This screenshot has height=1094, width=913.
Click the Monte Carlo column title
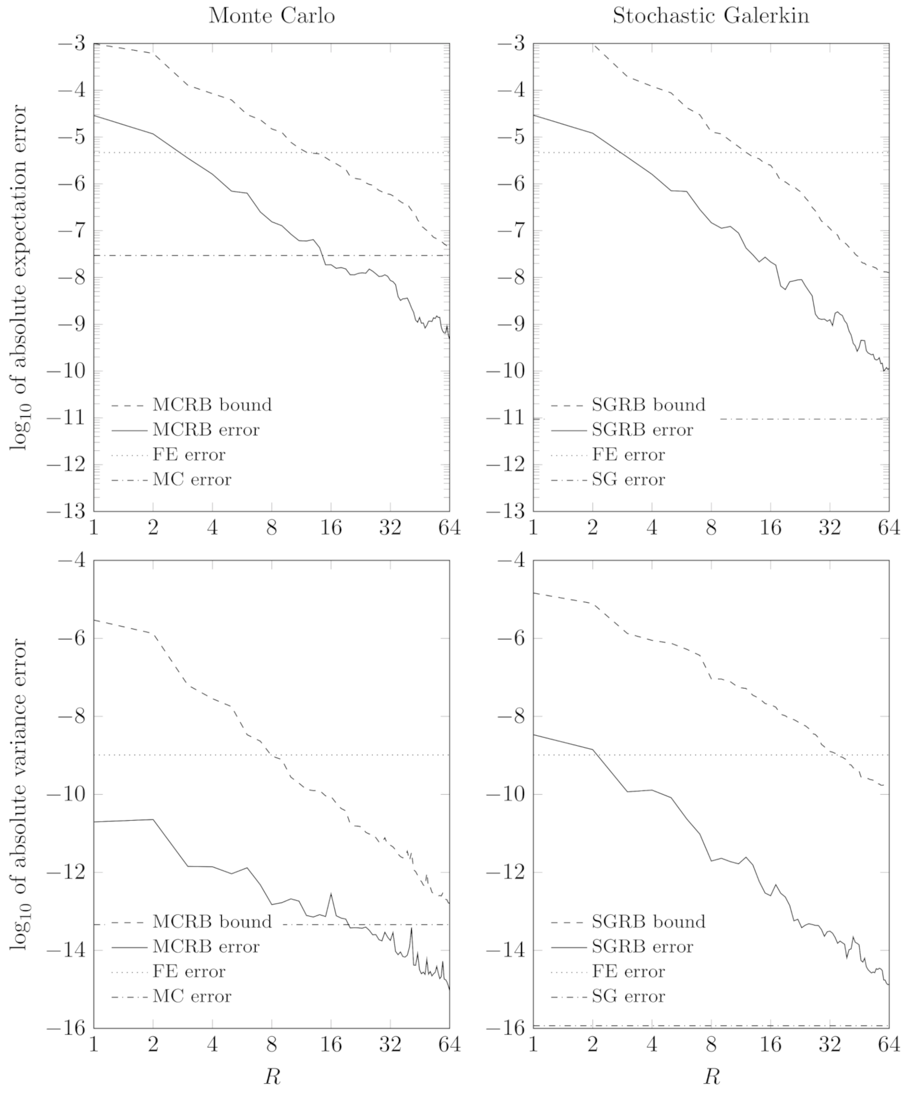point(271,16)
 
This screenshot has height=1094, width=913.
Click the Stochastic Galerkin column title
point(710,16)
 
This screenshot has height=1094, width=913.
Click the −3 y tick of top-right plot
point(511,44)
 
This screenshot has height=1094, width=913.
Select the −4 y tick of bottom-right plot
point(511,560)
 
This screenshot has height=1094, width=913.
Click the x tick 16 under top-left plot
point(331,529)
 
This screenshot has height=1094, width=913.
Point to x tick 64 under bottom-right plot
point(888,1045)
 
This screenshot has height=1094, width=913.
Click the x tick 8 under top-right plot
point(711,529)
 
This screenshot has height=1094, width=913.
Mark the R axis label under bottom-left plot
point(271,1077)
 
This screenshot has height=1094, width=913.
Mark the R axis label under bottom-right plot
point(710,1077)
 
